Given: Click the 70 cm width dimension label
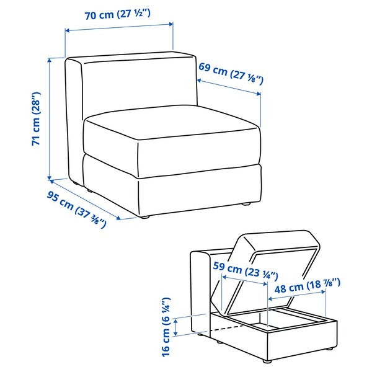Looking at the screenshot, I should coord(119,15).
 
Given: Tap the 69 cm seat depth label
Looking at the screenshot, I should coord(231,73).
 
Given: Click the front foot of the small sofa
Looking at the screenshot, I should coord(268,360).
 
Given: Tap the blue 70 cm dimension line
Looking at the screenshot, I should coord(119,28).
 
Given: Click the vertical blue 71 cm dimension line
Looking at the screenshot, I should coord(50,118).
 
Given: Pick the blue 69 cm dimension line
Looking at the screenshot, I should coord(228,87).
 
